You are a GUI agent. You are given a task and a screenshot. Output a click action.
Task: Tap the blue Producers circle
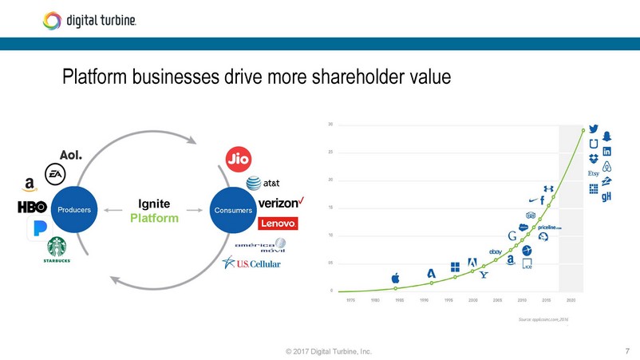[73, 211]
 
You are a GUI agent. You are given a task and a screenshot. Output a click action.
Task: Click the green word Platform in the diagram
[154, 218]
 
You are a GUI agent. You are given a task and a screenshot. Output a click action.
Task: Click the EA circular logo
[55, 172]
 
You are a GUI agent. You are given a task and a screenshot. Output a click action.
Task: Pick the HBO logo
[32, 208]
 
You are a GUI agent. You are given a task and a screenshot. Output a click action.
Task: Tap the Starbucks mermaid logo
[56, 247]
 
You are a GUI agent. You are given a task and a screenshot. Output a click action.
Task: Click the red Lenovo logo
[278, 223]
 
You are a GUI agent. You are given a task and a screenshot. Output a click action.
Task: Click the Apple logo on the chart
[395, 279]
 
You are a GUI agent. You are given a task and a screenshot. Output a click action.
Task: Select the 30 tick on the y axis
[330, 125]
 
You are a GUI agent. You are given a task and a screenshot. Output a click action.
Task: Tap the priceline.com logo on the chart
[550, 227]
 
